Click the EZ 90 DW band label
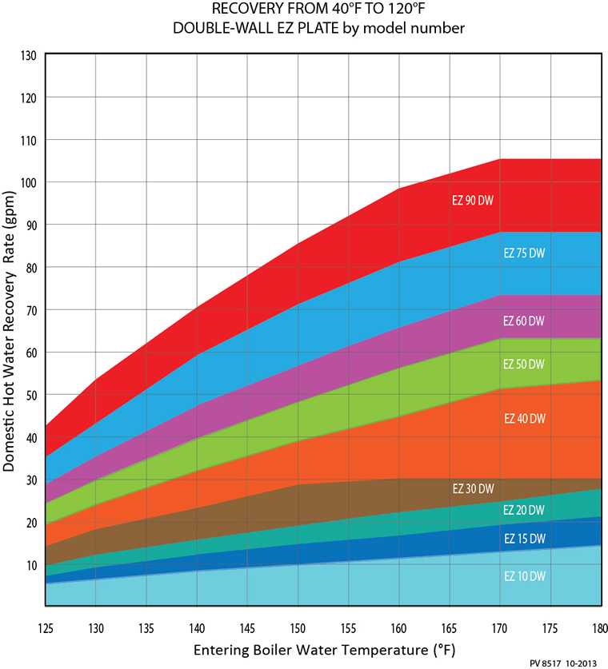[473, 201]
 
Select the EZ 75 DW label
[524, 253]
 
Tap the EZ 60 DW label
[524, 321]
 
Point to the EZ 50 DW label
[524, 364]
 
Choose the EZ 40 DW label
[524, 418]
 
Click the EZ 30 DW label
[473, 489]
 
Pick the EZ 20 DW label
[524, 510]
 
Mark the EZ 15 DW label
[524, 539]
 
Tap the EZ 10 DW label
[524, 575]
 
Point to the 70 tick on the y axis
[30, 309]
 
